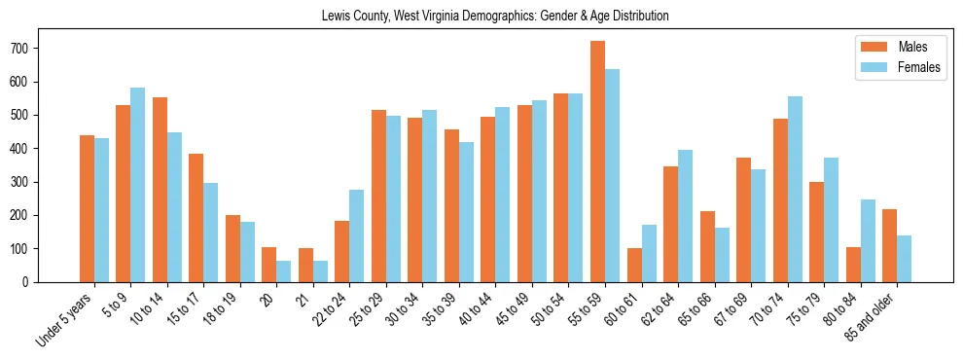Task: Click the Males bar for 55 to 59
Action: (597, 162)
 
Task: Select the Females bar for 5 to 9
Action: (138, 185)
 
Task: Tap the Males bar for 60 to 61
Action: (634, 265)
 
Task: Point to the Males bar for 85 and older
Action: (889, 245)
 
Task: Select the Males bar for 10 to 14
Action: (160, 190)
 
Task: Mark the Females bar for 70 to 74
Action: (795, 189)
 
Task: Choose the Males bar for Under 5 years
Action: (87, 208)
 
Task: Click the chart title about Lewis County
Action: (495, 17)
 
